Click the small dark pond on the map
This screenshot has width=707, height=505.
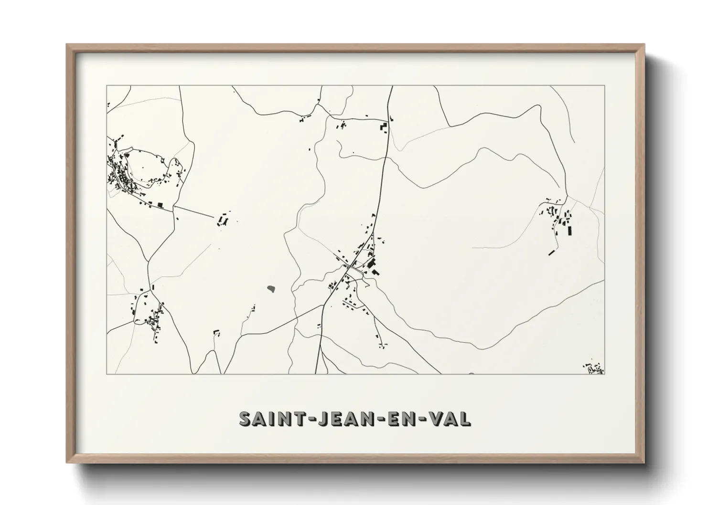pos(271,288)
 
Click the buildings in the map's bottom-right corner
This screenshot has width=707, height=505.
pos(594,368)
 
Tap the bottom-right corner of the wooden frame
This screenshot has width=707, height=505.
pos(643,462)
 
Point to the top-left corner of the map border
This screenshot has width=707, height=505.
pos(107,86)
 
